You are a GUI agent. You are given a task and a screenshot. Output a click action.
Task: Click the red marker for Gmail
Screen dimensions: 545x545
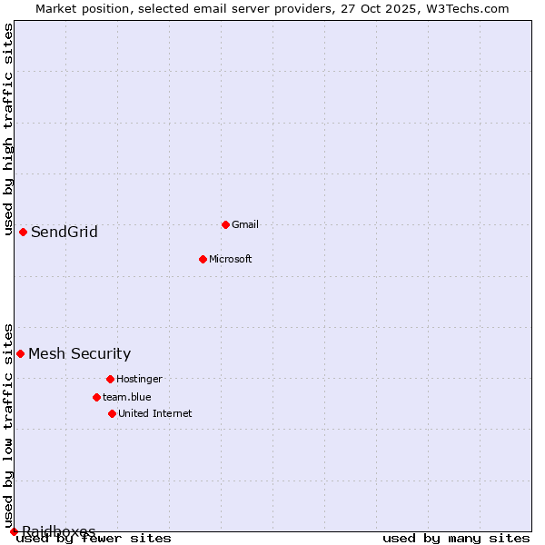(225, 224)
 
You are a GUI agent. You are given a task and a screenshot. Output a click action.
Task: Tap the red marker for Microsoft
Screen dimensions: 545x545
(203, 259)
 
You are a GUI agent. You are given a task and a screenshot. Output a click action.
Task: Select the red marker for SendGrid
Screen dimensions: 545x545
(23, 232)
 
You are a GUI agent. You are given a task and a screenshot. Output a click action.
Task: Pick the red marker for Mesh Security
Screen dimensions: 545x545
(20, 353)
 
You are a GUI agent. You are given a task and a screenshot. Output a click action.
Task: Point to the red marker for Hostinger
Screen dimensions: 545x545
(110, 379)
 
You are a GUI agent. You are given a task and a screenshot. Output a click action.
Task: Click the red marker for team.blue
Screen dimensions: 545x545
(96, 397)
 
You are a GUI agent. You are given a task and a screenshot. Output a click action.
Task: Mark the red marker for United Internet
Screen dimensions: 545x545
(112, 413)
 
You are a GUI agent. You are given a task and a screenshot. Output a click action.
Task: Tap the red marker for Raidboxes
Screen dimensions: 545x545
(14, 531)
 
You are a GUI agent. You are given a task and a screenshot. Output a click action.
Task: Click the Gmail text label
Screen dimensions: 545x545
(245, 224)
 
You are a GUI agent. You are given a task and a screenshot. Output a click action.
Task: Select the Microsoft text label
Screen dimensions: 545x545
(230, 259)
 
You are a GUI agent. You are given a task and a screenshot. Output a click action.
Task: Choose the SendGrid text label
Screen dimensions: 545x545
(64, 232)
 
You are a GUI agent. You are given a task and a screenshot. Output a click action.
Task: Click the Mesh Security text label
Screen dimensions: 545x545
(79, 353)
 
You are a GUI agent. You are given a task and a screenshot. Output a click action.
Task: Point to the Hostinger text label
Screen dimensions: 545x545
(139, 379)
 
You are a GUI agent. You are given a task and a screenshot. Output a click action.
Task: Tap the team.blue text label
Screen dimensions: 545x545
(126, 397)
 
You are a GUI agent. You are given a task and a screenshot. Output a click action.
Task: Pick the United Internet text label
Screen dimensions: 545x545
(154, 413)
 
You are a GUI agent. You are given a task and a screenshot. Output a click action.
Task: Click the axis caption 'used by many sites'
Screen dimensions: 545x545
(456, 539)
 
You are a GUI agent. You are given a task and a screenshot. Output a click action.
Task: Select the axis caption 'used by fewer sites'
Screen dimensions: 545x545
(94, 539)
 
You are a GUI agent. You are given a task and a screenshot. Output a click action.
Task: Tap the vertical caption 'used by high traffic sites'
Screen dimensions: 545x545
(8, 129)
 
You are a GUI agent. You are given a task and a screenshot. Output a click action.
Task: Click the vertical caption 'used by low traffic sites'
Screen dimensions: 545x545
(8, 425)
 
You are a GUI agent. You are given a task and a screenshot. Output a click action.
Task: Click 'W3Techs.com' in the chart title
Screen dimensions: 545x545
(471, 8)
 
